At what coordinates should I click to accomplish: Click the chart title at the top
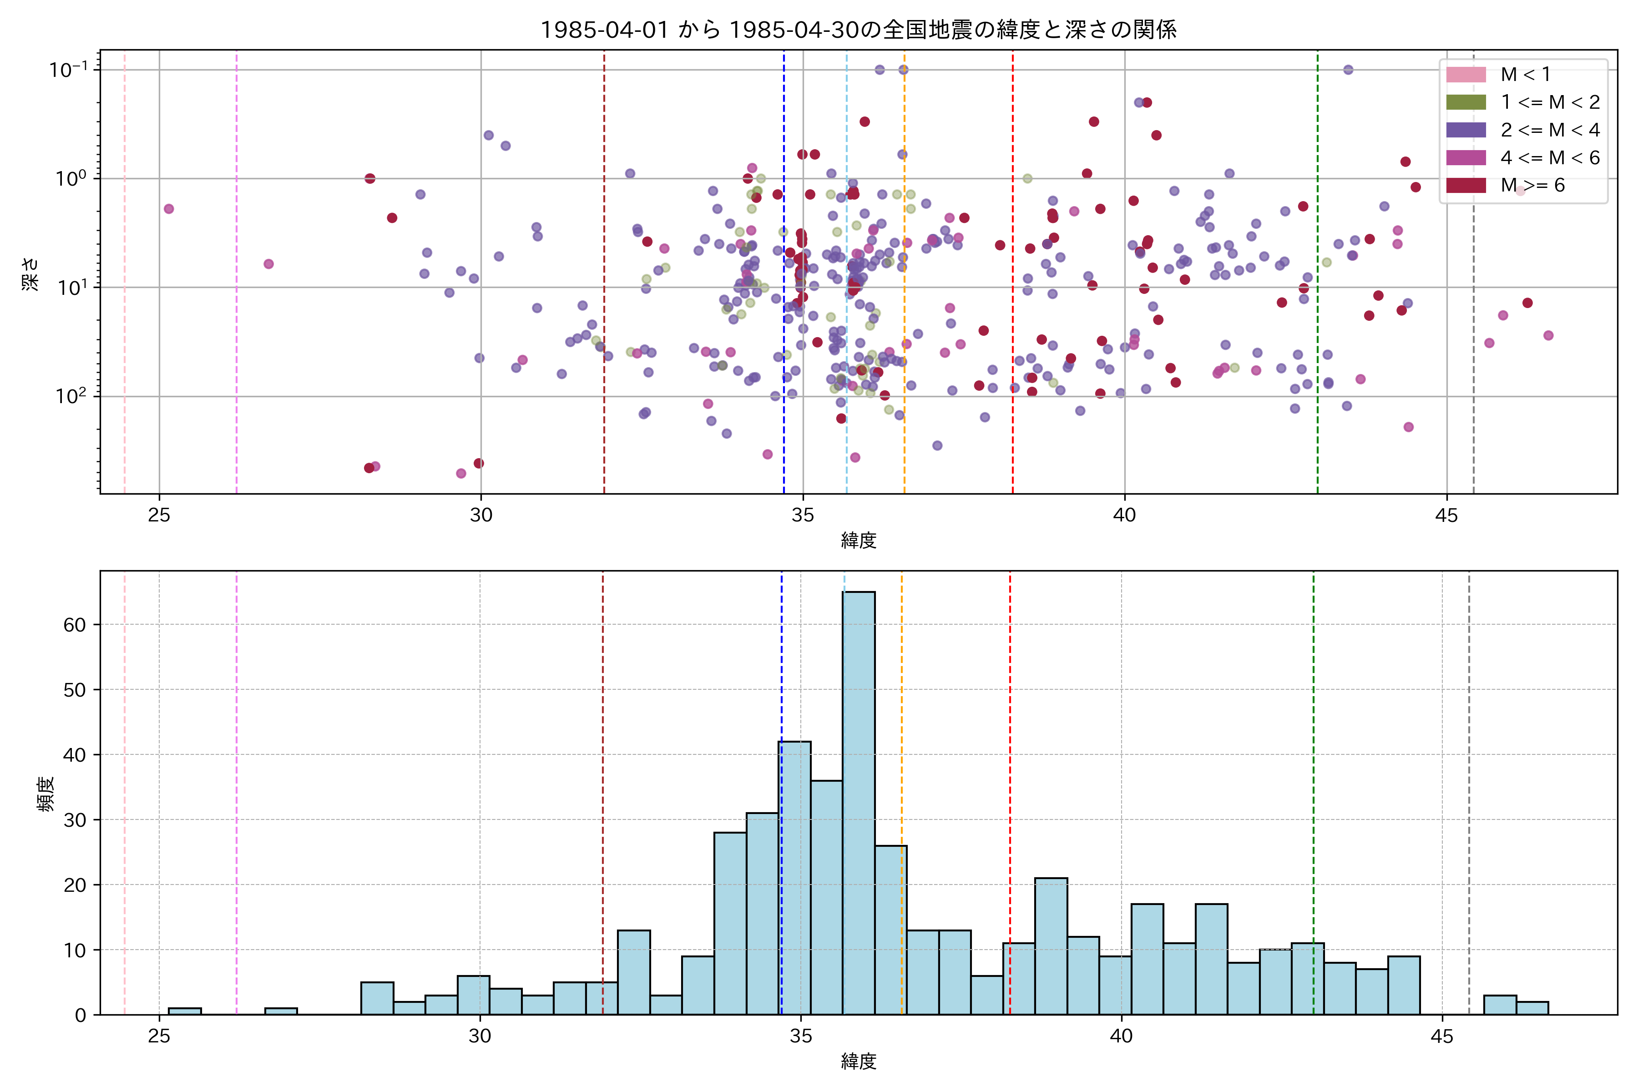(x=858, y=29)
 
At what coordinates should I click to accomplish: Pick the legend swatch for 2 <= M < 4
(x=1466, y=130)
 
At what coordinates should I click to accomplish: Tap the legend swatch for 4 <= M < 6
(x=1466, y=157)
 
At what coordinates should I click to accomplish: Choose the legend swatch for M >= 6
(x=1466, y=185)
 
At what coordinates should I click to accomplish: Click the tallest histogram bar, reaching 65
(x=859, y=801)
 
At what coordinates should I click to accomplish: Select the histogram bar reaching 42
(x=794, y=878)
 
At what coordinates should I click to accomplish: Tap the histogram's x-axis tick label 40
(x=1121, y=1036)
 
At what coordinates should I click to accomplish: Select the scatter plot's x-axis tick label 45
(x=1446, y=516)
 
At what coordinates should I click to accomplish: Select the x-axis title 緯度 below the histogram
(x=858, y=1062)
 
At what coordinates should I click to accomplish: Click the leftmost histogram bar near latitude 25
(x=185, y=1011)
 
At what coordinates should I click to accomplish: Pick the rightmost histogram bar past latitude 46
(x=1532, y=1008)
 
